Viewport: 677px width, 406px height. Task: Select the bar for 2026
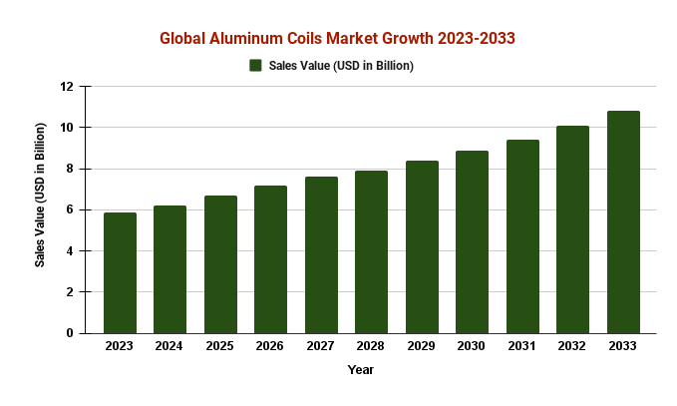click(x=270, y=259)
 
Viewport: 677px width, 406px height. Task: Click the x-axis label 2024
click(x=169, y=346)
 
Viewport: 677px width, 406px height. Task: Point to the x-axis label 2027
click(x=321, y=346)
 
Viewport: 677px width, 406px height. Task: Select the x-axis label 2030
click(x=472, y=346)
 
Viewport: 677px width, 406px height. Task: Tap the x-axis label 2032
click(x=572, y=346)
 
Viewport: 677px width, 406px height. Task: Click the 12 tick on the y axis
click(x=68, y=87)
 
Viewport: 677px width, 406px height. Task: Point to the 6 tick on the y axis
click(x=71, y=209)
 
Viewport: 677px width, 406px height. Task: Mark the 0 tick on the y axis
click(x=71, y=333)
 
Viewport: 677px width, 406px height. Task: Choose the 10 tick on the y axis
click(x=68, y=128)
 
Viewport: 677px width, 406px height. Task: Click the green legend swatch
click(x=255, y=66)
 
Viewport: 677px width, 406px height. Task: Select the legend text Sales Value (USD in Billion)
click(x=341, y=66)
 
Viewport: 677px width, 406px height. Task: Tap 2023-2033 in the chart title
click(x=471, y=38)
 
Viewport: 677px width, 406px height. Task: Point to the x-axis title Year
click(x=361, y=370)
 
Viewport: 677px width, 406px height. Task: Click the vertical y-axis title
click(x=41, y=196)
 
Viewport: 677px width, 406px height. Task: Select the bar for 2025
click(x=220, y=264)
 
